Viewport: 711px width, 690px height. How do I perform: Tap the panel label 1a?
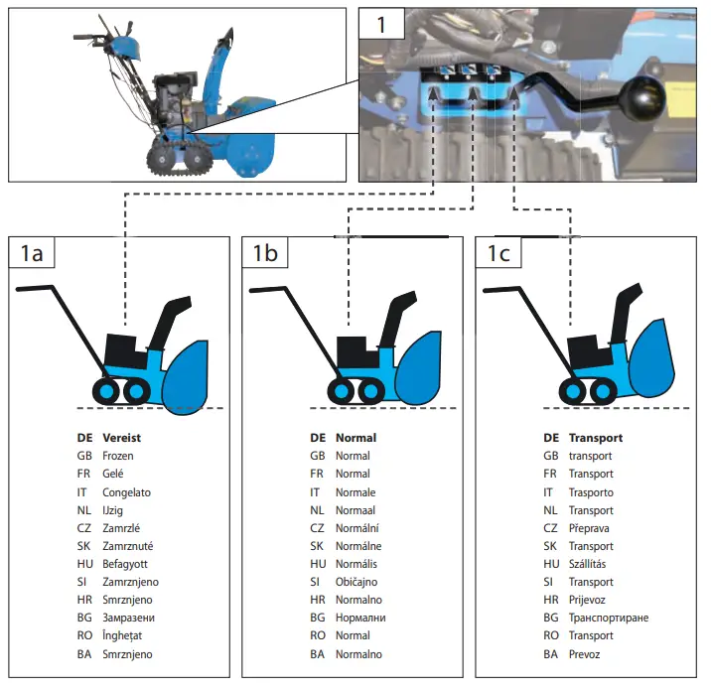pyautogui.click(x=31, y=253)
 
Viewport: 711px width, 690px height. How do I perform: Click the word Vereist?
pyautogui.click(x=123, y=438)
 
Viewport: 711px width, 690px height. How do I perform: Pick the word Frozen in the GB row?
pyautogui.click(x=118, y=456)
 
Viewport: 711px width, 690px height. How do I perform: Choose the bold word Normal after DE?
pyautogui.click(x=356, y=438)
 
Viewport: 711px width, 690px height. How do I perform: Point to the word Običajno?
pyautogui.click(x=358, y=582)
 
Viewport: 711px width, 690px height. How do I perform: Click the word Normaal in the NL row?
pyautogui.click(x=355, y=509)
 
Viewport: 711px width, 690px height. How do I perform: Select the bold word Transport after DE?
pyautogui.click(x=596, y=438)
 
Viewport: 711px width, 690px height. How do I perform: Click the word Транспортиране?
pyautogui.click(x=609, y=618)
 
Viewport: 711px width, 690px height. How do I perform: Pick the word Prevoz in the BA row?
pyautogui.click(x=585, y=654)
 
